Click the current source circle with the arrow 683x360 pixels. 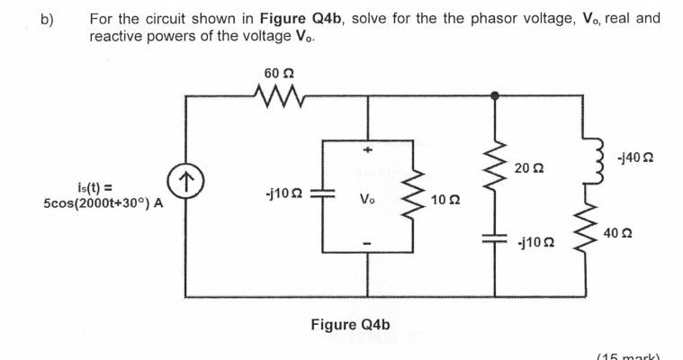[186, 182]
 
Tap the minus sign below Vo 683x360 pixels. [366, 244]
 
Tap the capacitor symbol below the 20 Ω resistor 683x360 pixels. [495, 240]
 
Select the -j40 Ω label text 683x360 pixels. [635, 158]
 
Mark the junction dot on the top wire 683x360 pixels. [495, 93]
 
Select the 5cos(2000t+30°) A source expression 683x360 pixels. [103, 202]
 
